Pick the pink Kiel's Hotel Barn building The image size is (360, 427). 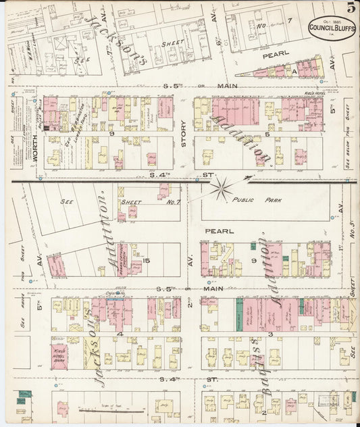point(59,354)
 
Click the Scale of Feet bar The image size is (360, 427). point(103,409)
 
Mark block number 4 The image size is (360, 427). point(120,333)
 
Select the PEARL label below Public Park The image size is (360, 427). point(224,231)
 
